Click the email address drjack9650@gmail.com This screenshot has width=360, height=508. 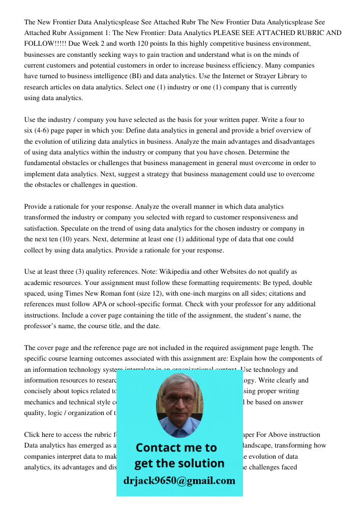click(x=179, y=481)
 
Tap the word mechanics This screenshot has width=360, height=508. click(x=42, y=402)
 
